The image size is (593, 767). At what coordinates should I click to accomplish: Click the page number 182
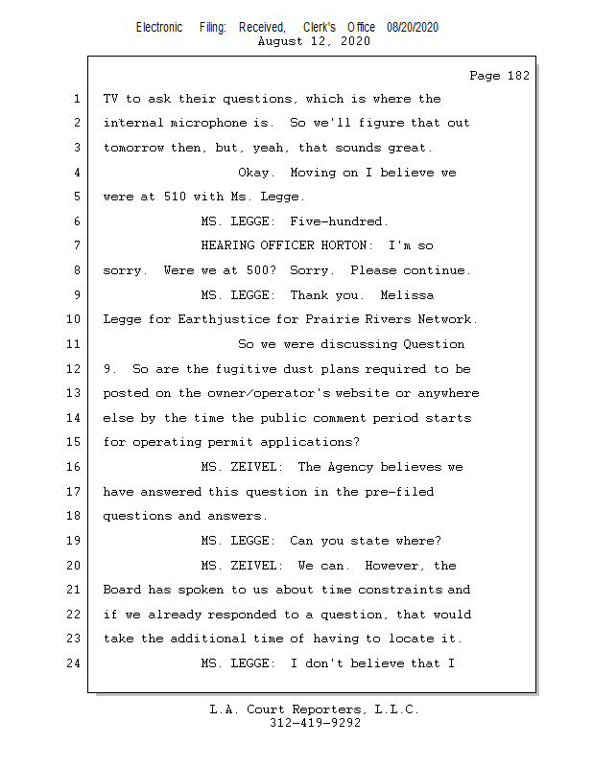click(518, 76)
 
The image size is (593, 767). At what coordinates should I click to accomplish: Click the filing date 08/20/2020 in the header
click(413, 28)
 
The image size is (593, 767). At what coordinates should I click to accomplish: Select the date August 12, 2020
click(314, 41)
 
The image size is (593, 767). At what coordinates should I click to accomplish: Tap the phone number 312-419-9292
click(315, 723)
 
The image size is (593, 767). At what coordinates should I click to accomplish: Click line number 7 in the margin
click(77, 245)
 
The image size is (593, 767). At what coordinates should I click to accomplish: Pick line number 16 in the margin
click(73, 467)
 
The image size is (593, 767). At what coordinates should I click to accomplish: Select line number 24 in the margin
click(73, 663)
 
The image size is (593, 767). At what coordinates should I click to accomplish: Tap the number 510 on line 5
click(175, 197)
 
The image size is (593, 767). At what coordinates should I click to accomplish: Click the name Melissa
click(407, 295)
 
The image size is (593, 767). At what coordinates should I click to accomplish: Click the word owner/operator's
click(269, 393)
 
